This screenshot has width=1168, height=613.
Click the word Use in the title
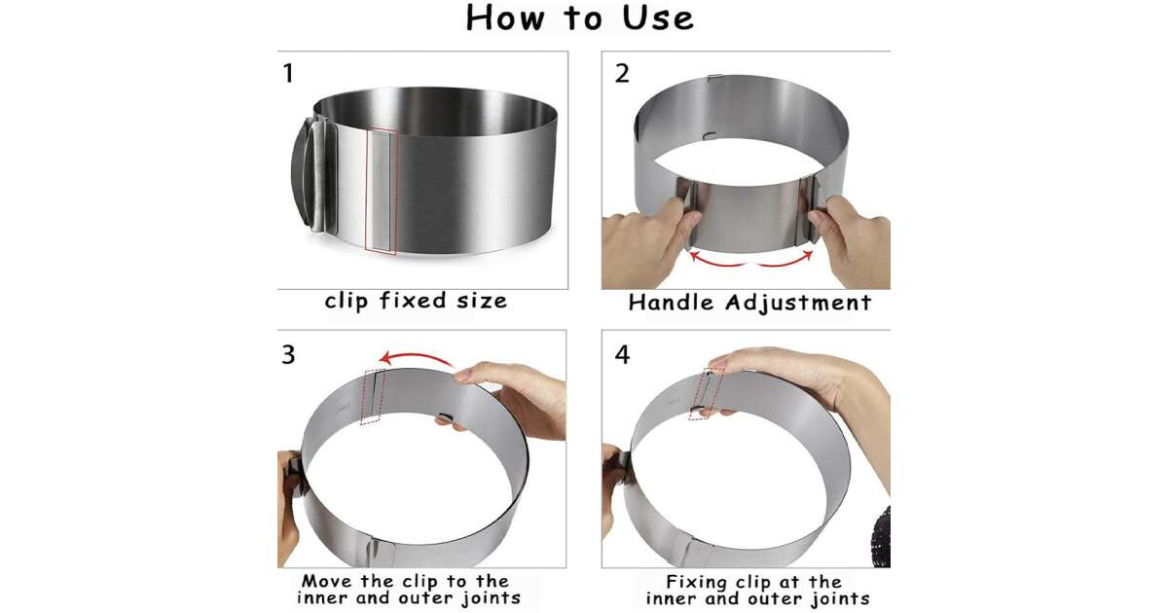[x=658, y=18]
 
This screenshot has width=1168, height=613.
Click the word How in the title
[x=505, y=18]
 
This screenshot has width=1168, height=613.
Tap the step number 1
[x=288, y=73]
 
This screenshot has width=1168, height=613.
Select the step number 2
[x=622, y=74]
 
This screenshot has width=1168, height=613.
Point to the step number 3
[x=288, y=354]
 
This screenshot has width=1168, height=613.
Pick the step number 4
[x=622, y=354]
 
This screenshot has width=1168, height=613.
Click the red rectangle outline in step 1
[x=382, y=192]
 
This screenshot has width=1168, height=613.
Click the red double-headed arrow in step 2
[x=750, y=264]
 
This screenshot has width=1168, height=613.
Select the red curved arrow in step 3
[x=418, y=355]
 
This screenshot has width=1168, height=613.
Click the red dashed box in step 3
[x=374, y=397]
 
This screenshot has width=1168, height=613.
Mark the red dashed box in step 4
[x=706, y=394]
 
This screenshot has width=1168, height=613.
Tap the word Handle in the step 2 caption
[x=671, y=303]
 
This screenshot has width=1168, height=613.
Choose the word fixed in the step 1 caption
[x=413, y=301]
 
